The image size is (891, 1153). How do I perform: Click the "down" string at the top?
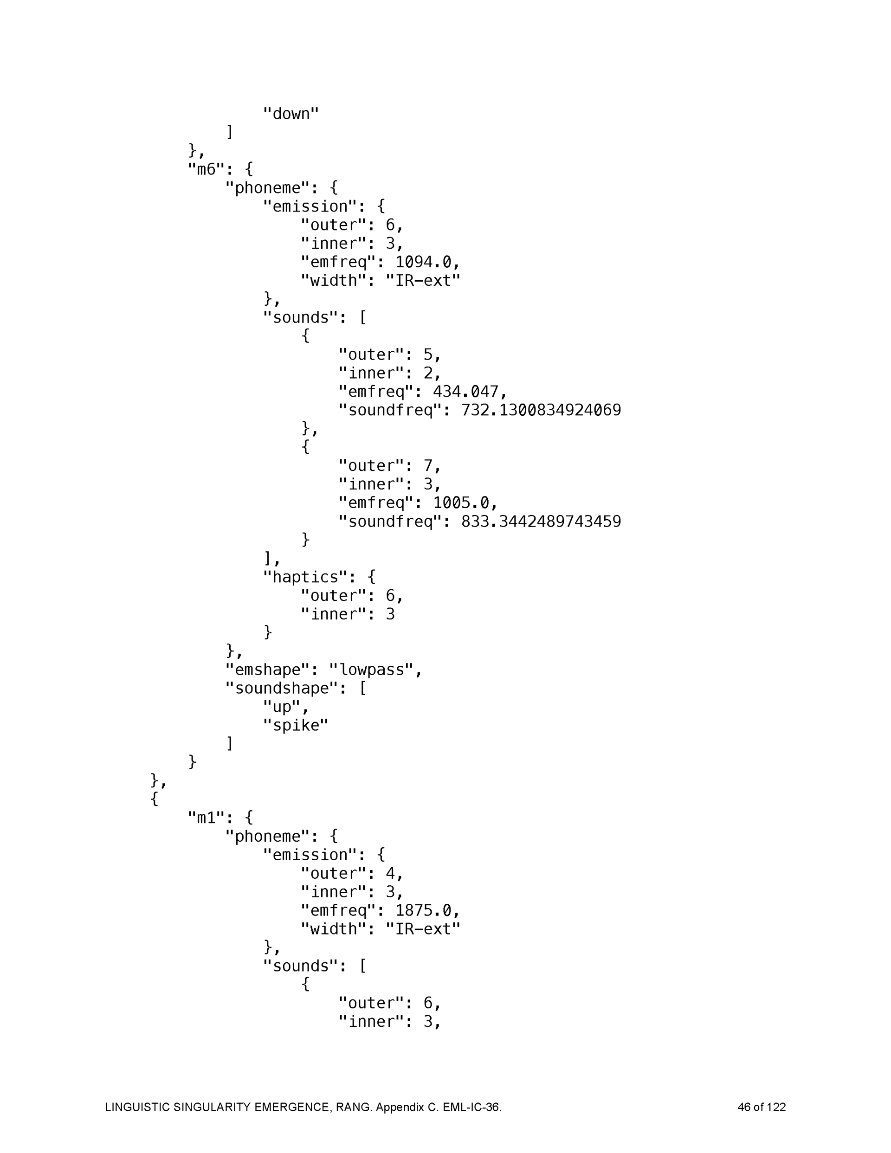pyautogui.click(x=291, y=114)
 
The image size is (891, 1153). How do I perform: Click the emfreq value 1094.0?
pyautogui.click(x=423, y=262)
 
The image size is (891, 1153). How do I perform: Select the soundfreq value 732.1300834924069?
pyautogui.click(x=541, y=410)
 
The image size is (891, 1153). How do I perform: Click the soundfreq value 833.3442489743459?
pyautogui.click(x=541, y=522)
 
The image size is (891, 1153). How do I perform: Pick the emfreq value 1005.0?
pyautogui.click(x=460, y=503)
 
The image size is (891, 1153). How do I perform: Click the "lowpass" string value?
pyautogui.click(x=371, y=670)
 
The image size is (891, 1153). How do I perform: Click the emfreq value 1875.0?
pyautogui.click(x=423, y=911)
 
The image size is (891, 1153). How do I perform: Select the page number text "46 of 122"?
pyautogui.click(x=761, y=1107)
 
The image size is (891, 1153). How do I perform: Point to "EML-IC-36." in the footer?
pyautogui.click(x=472, y=1107)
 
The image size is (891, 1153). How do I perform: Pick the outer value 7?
pyautogui.click(x=428, y=466)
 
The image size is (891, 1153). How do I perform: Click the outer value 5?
pyautogui.click(x=428, y=355)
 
